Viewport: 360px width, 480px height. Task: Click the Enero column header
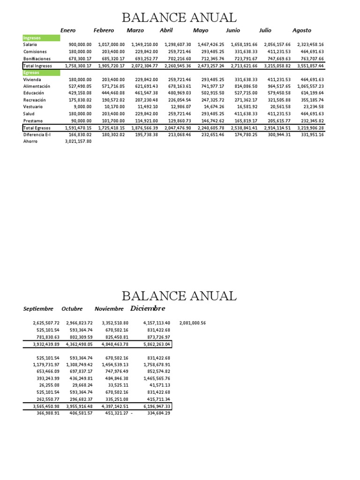[x=68, y=30]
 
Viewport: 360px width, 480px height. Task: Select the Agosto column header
[x=301, y=30]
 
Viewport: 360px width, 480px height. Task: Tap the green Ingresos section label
[x=41, y=37]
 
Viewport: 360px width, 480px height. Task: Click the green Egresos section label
[x=41, y=73]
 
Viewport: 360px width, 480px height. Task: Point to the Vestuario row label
[x=33, y=107]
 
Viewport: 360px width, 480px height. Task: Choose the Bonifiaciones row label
[x=37, y=59]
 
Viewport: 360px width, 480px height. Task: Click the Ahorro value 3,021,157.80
[x=78, y=141]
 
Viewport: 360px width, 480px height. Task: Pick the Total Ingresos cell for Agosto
[x=310, y=66]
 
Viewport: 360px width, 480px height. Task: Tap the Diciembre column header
[x=148, y=308]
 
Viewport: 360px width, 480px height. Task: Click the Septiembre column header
[x=38, y=309]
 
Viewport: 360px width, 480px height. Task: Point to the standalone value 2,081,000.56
[x=192, y=323]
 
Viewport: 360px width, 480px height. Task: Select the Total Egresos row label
[x=37, y=127]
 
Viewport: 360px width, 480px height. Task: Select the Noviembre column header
[x=109, y=309]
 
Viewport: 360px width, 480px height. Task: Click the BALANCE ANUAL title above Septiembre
[x=179, y=296]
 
